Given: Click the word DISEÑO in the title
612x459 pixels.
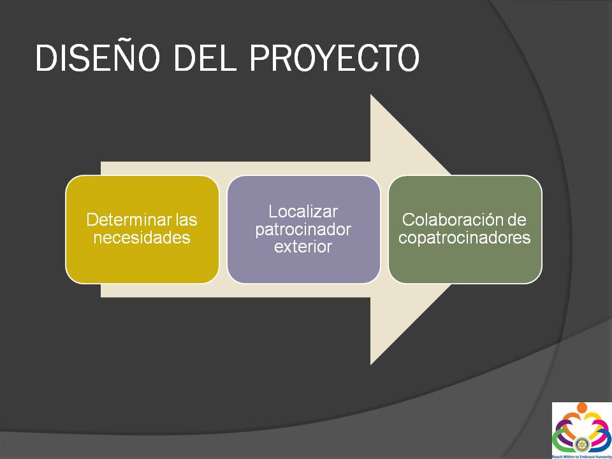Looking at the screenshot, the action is coord(98,57).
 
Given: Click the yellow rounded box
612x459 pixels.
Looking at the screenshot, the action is coord(142,229).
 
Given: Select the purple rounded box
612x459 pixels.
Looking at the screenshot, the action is coord(303,229).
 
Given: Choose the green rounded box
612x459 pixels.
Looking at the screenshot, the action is coord(465,229).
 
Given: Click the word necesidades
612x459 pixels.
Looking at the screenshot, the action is coord(142,238).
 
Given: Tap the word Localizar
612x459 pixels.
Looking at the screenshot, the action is coord(303,212).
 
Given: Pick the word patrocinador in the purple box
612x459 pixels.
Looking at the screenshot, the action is coord(303,230).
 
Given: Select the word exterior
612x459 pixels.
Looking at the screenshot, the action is coord(303,247).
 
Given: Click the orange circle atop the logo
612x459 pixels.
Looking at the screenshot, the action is coord(582,408).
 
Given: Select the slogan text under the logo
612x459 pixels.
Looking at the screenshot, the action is coord(581,456).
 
